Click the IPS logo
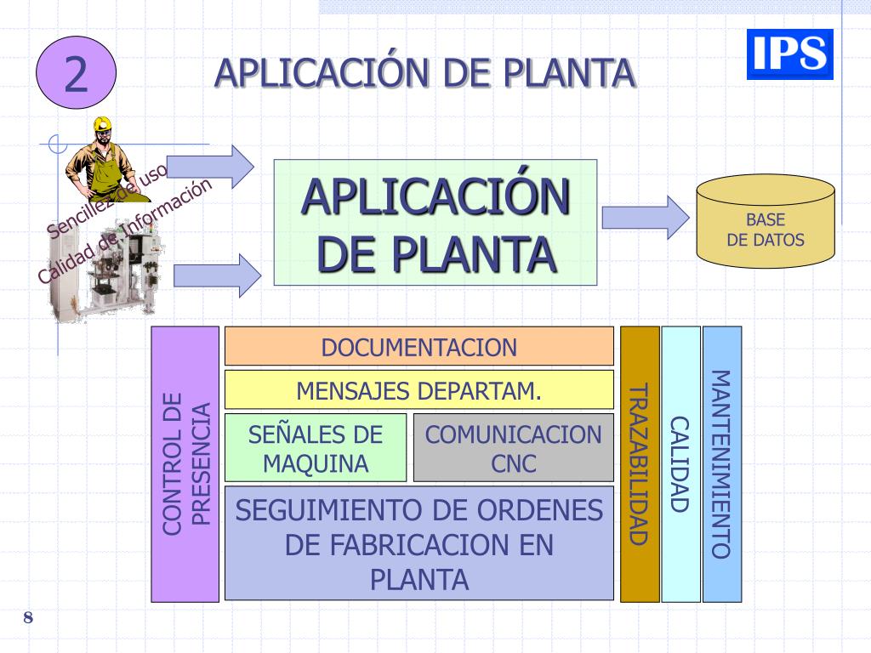coord(789,54)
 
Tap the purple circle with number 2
coord(75,74)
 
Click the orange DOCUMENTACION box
coord(418,346)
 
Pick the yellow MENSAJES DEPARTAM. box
coord(418,390)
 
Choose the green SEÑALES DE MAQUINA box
coord(316,448)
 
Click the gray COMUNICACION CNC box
coord(513,448)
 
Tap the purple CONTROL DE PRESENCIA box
coord(185,464)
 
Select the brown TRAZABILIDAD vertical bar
coord(640,464)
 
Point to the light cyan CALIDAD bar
coord(680,464)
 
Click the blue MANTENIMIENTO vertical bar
coord(722,464)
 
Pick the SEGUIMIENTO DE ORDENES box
coord(418,543)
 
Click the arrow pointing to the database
coord(645,217)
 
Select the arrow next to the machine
coord(218,275)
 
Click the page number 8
coord(28,617)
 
